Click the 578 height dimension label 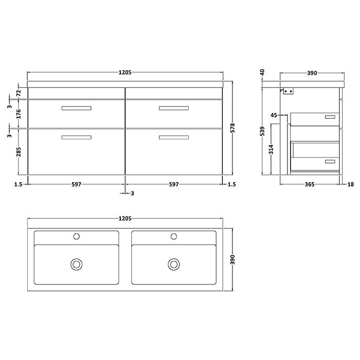232,128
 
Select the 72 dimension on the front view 19,93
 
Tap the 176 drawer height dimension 19,114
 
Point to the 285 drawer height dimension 19,152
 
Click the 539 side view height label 262,131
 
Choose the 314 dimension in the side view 272,149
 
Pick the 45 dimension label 274,115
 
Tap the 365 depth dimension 310,184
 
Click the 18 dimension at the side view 351,184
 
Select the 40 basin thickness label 262,73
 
